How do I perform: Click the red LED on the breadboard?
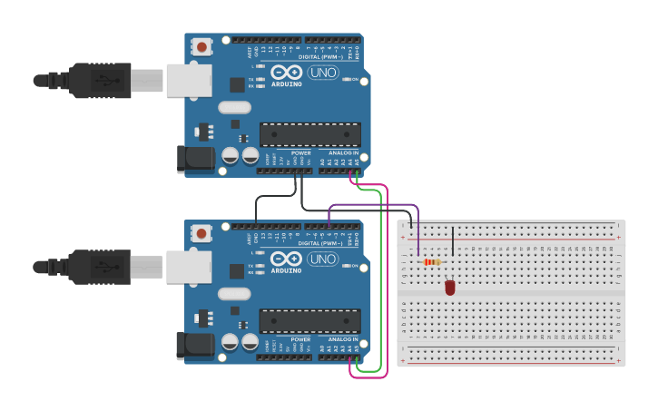click(449, 288)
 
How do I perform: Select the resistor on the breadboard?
click(432, 262)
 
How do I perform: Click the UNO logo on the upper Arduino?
click(322, 73)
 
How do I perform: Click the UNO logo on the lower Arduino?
click(322, 259)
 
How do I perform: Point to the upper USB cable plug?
click(100, 80)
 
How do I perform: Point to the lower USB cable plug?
click(100, 267)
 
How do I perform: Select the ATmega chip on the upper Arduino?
click(309, 134)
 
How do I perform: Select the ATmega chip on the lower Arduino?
click(309, 320)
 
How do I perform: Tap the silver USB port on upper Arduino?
click(189, 80)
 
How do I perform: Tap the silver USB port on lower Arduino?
click(189, 267)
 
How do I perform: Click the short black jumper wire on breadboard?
click(453, 241)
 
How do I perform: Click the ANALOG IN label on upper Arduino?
click(341, 153)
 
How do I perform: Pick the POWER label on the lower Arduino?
click(300, 339)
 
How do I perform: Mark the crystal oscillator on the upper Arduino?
click(234, 107)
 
